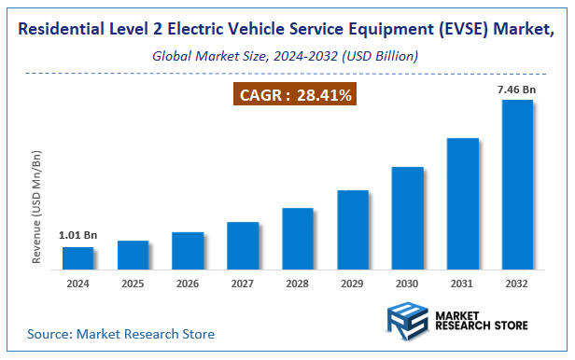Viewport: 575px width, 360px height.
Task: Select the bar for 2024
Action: coord(78,258)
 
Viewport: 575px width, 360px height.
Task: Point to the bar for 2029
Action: coord(353,229)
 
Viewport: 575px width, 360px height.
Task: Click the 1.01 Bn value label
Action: coord(77,235)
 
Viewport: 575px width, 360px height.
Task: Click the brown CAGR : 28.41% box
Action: coord(295,94)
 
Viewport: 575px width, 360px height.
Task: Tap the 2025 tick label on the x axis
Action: coord(133,284)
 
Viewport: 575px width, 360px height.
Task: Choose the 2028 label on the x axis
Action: coord(298,284)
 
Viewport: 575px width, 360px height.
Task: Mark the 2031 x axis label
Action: coord(462,284)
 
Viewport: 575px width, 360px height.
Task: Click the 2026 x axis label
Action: coord(188,284)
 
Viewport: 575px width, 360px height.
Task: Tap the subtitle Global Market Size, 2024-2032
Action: coord(286,57)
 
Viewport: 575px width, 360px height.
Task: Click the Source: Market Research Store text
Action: coord(120,334)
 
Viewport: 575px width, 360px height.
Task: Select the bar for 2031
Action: coord(462,204)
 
